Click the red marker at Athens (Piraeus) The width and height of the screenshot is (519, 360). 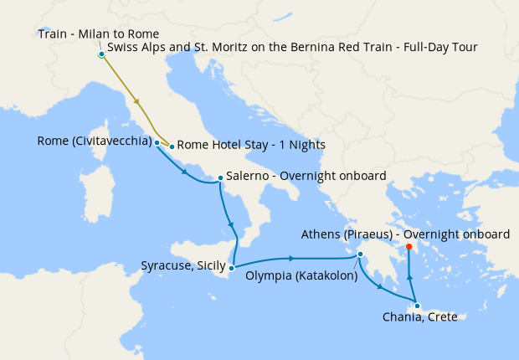click(409, 247)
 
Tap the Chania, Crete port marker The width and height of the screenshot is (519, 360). click(417, 306)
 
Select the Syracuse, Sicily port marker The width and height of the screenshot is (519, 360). click(232, 267)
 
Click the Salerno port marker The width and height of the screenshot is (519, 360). click(219, 177)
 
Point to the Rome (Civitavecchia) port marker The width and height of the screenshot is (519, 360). click(157, 142)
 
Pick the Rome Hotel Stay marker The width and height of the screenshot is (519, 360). click(172, 147)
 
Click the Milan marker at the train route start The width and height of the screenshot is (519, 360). click(101, 54)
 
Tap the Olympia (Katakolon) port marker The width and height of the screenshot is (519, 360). click(360, 255)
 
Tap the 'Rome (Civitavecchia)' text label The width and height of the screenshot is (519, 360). click(94, 141)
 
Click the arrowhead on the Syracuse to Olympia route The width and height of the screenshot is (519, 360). click(290, 259)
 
